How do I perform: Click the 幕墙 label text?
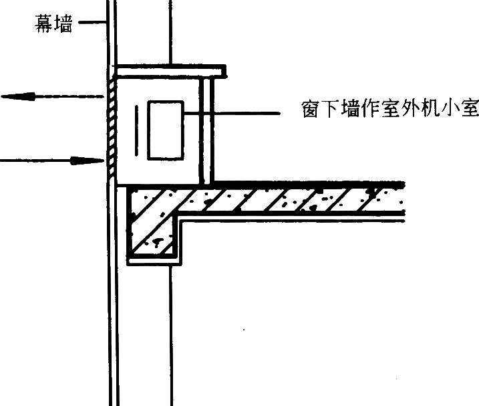(x=53, y=23)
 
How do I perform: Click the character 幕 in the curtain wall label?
(x=44, y=23)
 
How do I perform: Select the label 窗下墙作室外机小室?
(x=389, y=108)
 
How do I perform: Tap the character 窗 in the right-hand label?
(x=311, y=108)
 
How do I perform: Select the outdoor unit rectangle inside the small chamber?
(x=166, y=130)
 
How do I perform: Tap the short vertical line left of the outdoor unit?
(x=136, y=130)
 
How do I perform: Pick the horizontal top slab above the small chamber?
(x=172, y=72)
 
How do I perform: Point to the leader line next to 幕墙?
(x=92, y=22)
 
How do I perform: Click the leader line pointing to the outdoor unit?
(x=232, y=113)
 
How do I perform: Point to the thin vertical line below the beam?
(x=171, y=336)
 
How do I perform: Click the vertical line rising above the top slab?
(x=170, y=32)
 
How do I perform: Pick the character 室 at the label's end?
(x=470, y=108)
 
